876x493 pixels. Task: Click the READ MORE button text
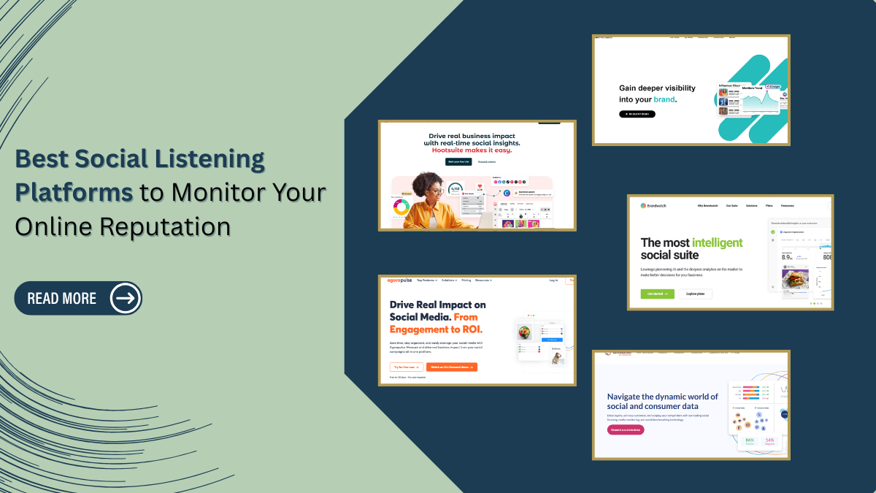(x=62, y=298)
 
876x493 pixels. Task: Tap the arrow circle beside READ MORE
(x=125, y=298)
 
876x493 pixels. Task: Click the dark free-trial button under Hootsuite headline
(x=458, y=161)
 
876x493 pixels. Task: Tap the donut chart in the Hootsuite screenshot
(x=401, y=207)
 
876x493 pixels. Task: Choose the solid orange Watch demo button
(x=451, y=367)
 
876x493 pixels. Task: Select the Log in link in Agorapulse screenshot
(x=553, y=280)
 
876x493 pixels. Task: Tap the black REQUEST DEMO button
(x=637, y=114)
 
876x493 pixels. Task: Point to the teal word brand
(x=664, y=99)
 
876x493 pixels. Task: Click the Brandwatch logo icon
(x=643, y=206)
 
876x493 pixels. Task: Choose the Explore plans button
(x=695, y=294)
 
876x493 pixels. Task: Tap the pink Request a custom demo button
(x=626, y=430)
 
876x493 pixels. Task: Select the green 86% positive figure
(x=749, y=440)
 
